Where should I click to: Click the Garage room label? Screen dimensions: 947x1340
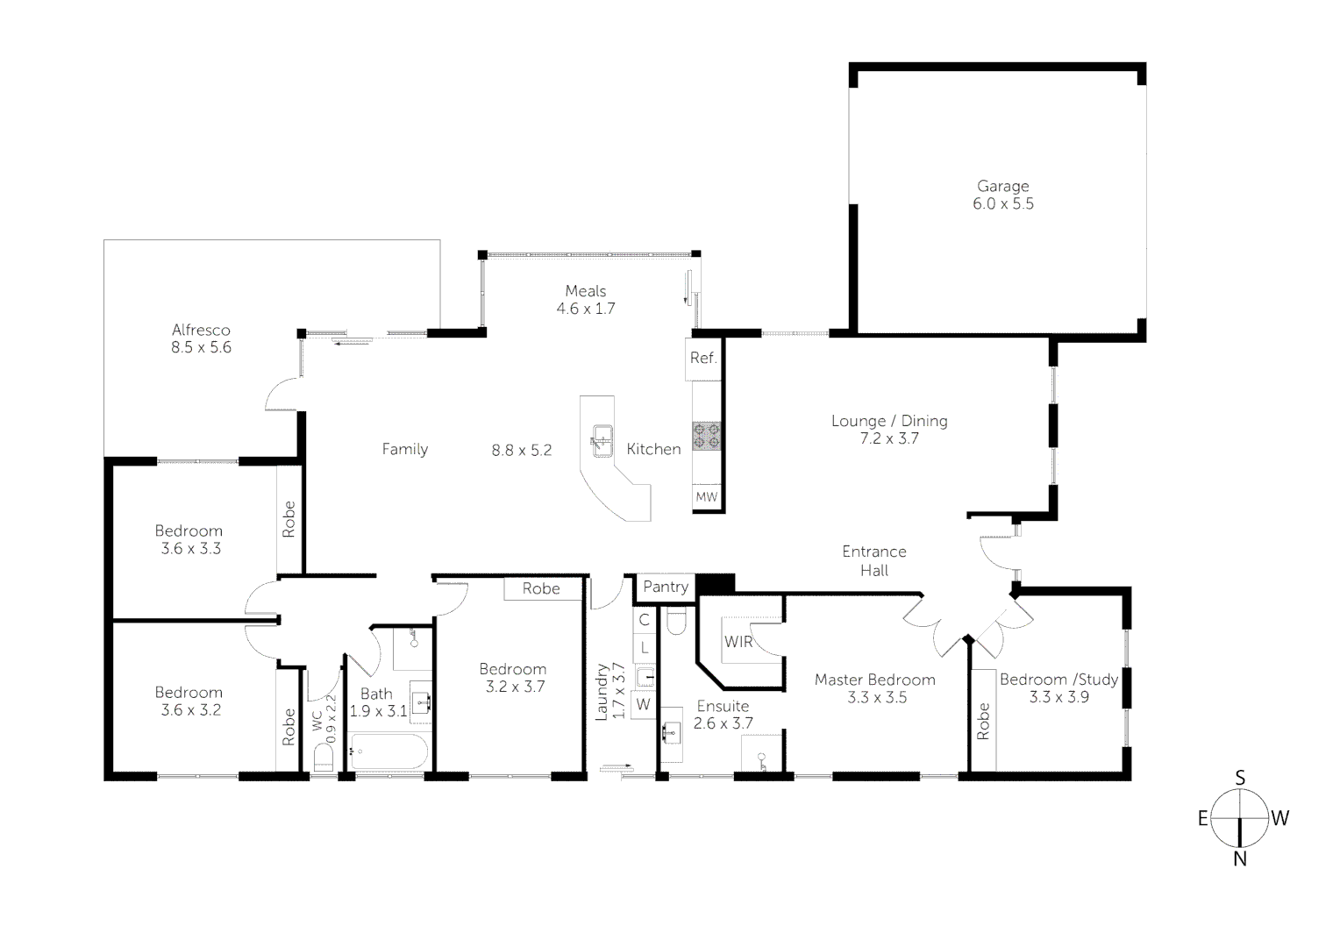pyautogui.click(x=1002, y=186)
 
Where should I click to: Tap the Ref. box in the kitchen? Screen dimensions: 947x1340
pyautogui.click(x=703, y=358)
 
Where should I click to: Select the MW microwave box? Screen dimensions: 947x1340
pyautogui.click(x=706, y=497)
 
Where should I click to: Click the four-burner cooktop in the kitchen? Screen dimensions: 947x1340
pyautogui.click(x=706, y=436)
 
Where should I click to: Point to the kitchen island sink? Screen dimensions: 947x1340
pyautogui.click(x=602, y=437)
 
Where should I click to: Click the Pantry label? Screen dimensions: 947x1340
pyautogui.click(x=665, y=587)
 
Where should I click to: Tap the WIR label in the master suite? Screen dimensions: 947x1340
pyautogui.click(x=738, y=642)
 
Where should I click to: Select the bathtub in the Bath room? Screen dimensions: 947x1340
pyautogui.click(x=388, y=751)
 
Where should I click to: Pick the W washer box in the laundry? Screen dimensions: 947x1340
pyautogui.click(x=644, y=704)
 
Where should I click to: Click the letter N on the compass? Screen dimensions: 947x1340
pyautogui.click(x=1239, y=859)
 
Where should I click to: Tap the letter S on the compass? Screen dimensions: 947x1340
pyautogui.click(x=1239, y=778)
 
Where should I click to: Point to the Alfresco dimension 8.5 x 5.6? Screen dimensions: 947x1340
pyautogui.click(x=201, y=347)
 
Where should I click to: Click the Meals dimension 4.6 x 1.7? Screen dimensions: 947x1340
pyautogui.click(x=585, y=309)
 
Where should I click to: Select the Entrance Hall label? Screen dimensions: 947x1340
pyautogui.click(x=873, y=561)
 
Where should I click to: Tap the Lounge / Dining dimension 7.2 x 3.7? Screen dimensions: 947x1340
pyautogui.click(x=889, y=438)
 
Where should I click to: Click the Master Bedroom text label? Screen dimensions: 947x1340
pyautogui.click(x=874, y=680)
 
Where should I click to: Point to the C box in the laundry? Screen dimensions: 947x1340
pyautogui.click(x=644, y=620)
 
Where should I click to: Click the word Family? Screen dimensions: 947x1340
pyautogui.click(x=404, y=449)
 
